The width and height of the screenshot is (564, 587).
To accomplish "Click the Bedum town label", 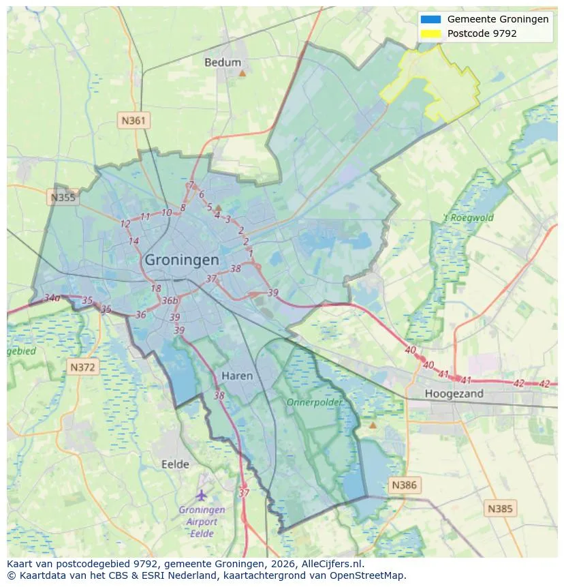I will click(223, 62).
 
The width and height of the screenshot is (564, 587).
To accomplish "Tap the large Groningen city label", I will click(182, 260).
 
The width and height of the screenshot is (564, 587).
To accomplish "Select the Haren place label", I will click(237, 376).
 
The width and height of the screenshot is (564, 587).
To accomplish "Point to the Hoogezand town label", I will click(454, 393).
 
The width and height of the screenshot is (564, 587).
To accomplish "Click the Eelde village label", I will click(175, 464).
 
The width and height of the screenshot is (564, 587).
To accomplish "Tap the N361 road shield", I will click(134, 121).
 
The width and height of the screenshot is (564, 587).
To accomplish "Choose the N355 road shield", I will click(63, 198).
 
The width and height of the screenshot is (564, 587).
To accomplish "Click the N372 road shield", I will click(84, 367).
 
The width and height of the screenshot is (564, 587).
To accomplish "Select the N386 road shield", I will click(404, 485).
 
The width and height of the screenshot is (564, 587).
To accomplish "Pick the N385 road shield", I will click(501, 508).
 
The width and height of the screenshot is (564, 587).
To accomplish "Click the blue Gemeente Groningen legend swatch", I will click(430, 19).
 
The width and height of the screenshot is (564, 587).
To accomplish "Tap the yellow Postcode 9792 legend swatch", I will click(430, 33).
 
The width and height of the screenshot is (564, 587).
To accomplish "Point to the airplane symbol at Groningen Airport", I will click(201, 495).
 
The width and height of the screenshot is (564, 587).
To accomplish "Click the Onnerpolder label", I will click(314, 402).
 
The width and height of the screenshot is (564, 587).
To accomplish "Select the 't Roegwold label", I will click(468, 218).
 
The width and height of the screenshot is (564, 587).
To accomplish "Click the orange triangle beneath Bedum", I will click(242, 72).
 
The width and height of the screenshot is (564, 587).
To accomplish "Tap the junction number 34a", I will click(52, 298).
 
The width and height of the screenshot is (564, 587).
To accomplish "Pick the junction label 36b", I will click(170, 301).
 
